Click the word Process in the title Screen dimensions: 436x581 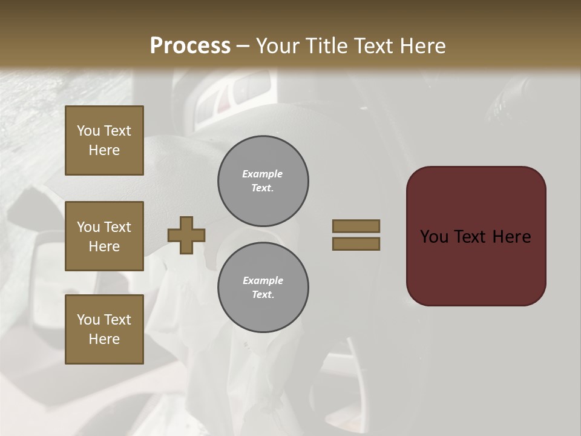click(x=190, y=46)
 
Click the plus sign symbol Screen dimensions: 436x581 click(x=186, y=235)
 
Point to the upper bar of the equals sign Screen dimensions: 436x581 click(x=356, y=226)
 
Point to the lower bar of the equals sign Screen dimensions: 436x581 click(x=356, y=243)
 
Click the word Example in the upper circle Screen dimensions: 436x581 click(x=263, y=174)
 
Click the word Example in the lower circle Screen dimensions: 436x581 click(x=263, y=280)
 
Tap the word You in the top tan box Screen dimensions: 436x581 click(x=88, y=131)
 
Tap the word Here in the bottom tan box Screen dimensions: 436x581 click(x=104, y=339)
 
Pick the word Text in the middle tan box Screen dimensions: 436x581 click(x=117, y=227)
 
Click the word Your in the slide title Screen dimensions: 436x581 click(x=276, y=46)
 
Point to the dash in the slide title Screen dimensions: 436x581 click(x=243, y=47)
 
